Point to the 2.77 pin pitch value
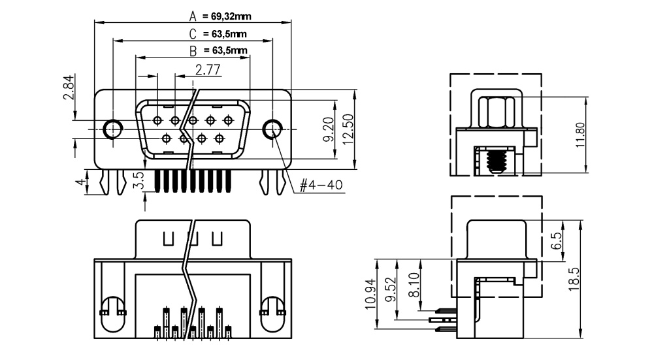coord(207,69)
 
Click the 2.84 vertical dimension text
coord(68,88)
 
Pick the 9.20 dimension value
coord(328,129)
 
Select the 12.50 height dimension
coord(347,129)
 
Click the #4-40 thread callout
coord(321,185)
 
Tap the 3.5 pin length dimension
coord(138,181)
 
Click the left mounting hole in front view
coord(114,129)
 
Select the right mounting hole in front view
coord(272,129)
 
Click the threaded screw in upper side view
coord(498,160)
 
